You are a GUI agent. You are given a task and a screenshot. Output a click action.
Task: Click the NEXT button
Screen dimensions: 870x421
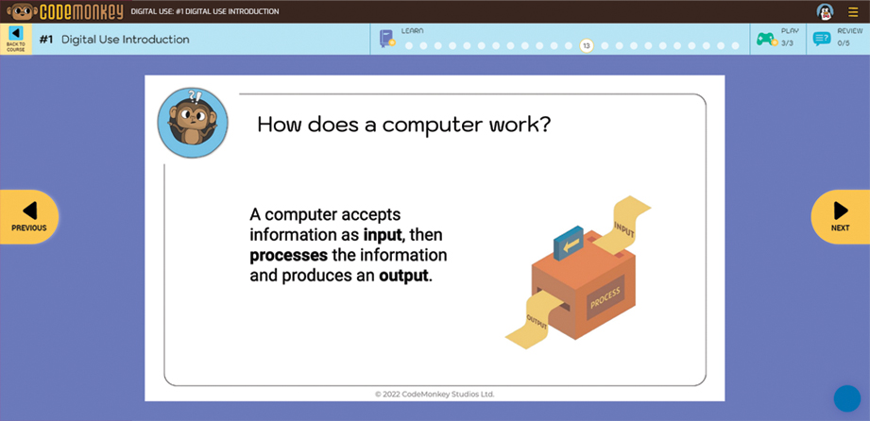(841, 217)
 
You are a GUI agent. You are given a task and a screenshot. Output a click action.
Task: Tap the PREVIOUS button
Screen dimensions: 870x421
(29, 217)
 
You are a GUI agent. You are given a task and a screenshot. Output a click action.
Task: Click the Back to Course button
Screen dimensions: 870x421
(15, 39)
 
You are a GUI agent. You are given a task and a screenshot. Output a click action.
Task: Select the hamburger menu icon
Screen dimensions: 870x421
(853, 11)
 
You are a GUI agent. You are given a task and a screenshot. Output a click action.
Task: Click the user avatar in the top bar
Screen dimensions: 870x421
(825, 11)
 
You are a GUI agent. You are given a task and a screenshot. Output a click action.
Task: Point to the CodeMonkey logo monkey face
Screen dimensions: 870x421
(22, 11)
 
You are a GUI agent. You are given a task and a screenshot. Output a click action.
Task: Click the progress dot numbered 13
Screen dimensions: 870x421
(587, 45)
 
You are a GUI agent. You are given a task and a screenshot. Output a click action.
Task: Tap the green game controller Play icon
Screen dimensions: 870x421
(766, 39)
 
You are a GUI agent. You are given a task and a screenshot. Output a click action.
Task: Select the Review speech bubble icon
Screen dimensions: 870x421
(822, 39)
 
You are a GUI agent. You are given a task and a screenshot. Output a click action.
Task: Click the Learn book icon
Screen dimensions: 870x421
(386, 39)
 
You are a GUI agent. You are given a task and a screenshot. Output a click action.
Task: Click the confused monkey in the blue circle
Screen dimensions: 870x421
(193, 123)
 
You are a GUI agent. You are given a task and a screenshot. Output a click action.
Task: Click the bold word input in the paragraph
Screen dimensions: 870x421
(383, 235)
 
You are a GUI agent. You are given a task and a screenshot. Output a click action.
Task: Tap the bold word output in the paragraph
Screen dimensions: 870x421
(403, 276)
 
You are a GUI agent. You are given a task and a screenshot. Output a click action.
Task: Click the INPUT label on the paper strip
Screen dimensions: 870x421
(624, 230)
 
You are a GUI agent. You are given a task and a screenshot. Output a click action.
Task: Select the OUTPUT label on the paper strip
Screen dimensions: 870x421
(537, 322)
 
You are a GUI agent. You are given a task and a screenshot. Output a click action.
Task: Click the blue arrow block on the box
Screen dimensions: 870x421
(568, 243)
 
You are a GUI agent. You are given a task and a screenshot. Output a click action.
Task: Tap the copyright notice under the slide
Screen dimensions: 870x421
(435, 395)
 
